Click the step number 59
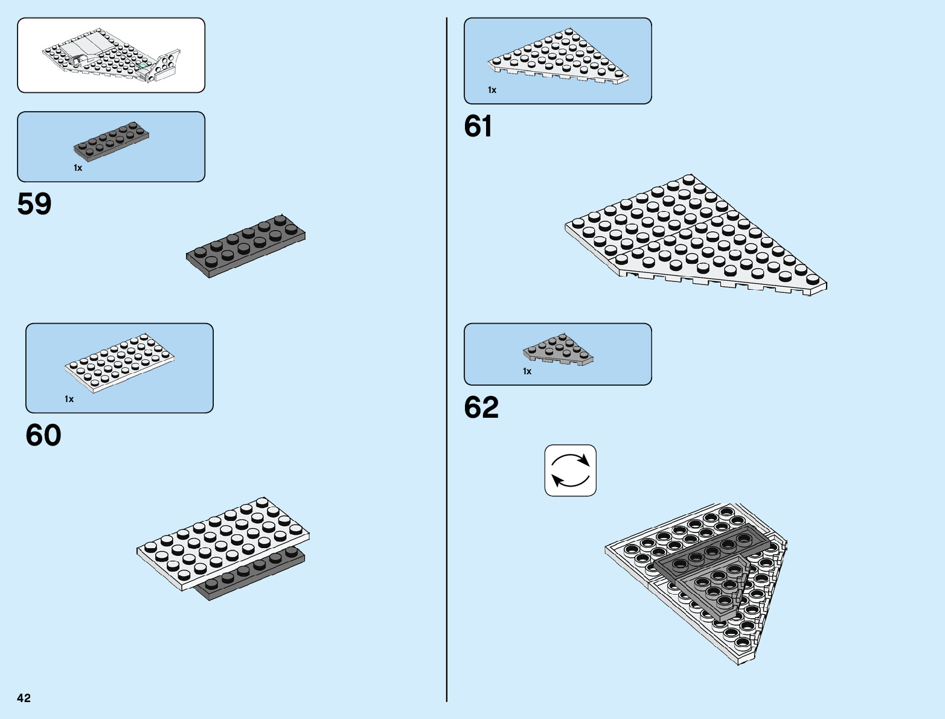34,204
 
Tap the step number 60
43,435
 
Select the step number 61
478,127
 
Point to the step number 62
481,407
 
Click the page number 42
24,698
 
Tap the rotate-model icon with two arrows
570,471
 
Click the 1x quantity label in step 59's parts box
78,168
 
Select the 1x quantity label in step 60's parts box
69,399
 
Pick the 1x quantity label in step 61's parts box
492,90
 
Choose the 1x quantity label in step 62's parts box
527,371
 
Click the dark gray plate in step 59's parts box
112,142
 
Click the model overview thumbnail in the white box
111,56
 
